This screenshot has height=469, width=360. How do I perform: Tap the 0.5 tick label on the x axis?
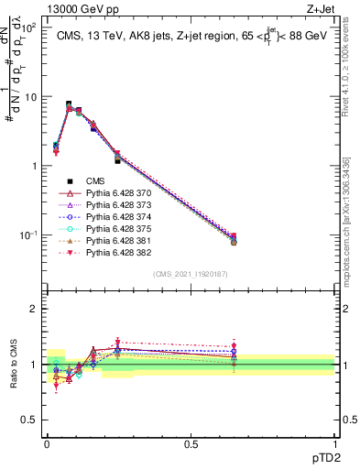191,442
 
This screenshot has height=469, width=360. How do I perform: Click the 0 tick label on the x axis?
47,442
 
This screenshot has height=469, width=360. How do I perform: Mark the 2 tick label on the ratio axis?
34,309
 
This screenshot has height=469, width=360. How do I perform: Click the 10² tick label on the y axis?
27,27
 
